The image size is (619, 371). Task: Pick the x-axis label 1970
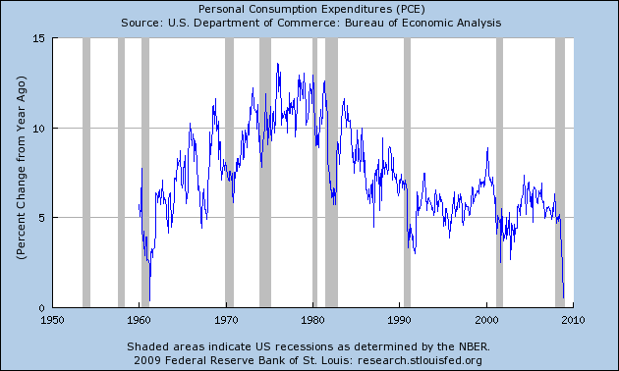226,320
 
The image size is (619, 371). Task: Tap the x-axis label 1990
400,320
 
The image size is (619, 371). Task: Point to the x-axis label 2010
574,320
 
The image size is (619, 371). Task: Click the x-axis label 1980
313,320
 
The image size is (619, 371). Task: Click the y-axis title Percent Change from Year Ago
21,173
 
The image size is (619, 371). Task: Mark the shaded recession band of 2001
499,173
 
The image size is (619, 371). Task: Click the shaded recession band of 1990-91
407,173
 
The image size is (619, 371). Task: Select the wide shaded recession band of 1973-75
265,173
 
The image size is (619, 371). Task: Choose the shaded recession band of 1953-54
86,173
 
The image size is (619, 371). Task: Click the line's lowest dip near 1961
149,299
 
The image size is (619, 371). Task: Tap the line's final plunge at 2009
563,295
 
